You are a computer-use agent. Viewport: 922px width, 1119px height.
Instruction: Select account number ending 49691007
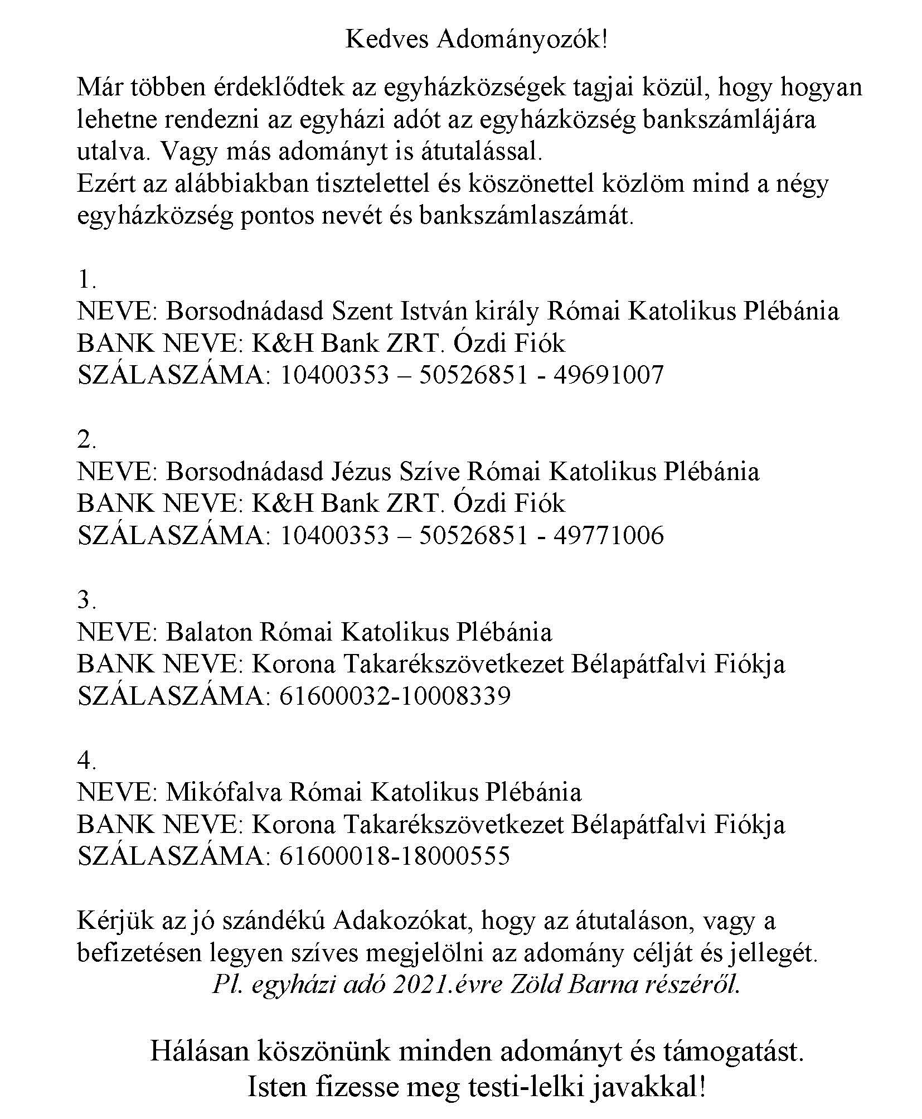coord(471,375)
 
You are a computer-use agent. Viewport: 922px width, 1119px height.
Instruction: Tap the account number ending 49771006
coord(471,536)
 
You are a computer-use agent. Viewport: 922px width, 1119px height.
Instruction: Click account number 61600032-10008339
coord(394,696)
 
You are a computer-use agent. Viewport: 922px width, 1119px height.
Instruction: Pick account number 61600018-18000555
coord(394,856)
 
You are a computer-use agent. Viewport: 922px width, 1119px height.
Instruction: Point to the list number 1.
coord(86,279)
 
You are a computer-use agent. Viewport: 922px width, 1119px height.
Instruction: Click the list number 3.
coord(86,600)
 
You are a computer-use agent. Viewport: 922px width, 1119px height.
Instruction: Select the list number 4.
coord(86,760)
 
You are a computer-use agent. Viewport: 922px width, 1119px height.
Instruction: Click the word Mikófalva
coord(226,792)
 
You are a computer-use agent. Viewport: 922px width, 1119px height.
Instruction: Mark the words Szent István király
coord(435,311)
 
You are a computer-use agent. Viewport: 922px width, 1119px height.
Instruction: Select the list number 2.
coord(86,440)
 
